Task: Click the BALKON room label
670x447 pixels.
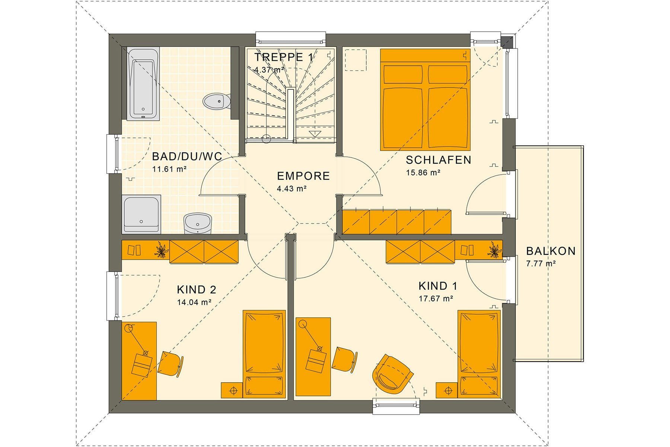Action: pyautogui.click(x=551, y=251)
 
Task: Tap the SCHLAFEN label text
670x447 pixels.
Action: pyautogui.click(x=438, y=160)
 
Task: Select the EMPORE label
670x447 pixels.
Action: pyautogui.click(x=303, y=176)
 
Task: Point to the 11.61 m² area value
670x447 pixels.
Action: pyautogui.click(x=169, y=169)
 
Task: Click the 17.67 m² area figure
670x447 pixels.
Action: pyautogui.click(x=436, y=298)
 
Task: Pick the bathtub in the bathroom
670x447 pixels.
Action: pyautogui.click(x=143, y=83)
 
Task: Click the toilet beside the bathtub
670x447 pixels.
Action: pyautogui.click(x=217, y=101)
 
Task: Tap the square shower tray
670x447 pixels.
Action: pyautogui.click(x=142, y=214)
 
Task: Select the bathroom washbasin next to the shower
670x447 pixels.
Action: pyautogui.click(x=198, y=223)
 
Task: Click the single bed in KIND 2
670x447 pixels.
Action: pyautogui.click(x=264, y=354)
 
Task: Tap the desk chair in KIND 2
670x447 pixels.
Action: pyautogui.click(x=171, y=363)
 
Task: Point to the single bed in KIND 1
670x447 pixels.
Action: pyautogui.click(x=479, y=354)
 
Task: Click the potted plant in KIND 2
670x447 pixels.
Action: pyautogui.click(x=161, y=250)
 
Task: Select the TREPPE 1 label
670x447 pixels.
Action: pyautogui.click(x=284, y=57)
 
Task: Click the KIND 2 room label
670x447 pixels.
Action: pyautogui.click(x=197, y=289)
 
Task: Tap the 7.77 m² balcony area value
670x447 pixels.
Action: pyautogui.click(x=541, y=264)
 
